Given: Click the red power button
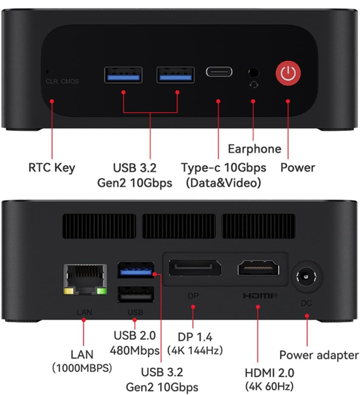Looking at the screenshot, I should click(x=288, y=73).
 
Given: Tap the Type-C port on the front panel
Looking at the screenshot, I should click(x=219, y=72).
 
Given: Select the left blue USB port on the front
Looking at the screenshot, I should click(x=123, y=74).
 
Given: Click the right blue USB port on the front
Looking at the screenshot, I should click(x=175, y=74).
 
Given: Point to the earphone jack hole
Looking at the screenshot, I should click(x=253, y=72).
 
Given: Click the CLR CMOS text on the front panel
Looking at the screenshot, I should click(x=62, y=82).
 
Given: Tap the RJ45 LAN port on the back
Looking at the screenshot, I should click(x=86, y=279).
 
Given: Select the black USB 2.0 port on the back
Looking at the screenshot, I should click(x=136, y=294).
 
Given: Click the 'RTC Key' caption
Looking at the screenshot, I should click(x=52, y=167).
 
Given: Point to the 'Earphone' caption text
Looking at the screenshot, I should click(x=254, y=149).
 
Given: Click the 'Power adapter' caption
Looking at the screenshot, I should click(x=319, y=355).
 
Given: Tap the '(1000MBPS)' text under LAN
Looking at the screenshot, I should click(x=82, y=368).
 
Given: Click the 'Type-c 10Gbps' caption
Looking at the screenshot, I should click(x=223, y=168).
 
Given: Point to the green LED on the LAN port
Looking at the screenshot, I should click(x=102, y=292).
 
